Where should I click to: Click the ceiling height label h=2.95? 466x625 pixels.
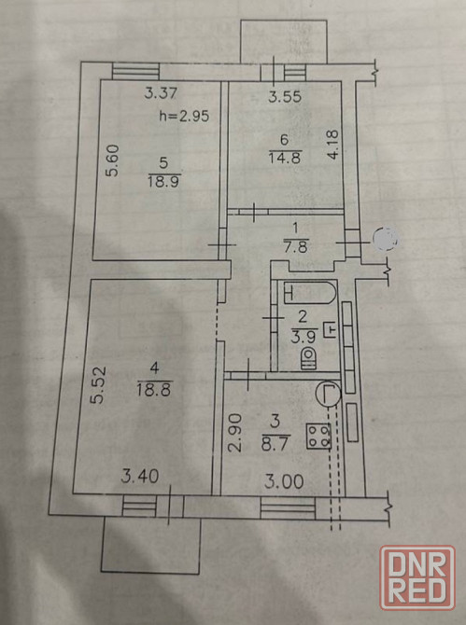tap(184, 116)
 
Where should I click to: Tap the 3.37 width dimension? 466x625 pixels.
tap(161, 93)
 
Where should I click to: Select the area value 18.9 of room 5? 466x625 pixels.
tap(164, 182)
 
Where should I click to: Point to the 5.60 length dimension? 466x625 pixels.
tap(112, 160)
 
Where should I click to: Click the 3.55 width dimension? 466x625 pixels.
tap(285, 96)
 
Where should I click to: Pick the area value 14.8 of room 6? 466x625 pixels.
tap(285, 158)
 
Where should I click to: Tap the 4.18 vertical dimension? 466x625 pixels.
tap(332, 144)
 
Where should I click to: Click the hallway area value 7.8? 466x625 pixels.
tap(295, 247)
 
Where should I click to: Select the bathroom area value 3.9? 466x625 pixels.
tap(304, 337)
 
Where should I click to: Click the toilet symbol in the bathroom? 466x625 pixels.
tap(309, 357)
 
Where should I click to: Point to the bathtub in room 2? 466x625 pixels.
tap(310, 293)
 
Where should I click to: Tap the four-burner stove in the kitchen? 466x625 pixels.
tap(318, 437)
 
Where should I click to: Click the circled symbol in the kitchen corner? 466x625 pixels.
tap(328, 394)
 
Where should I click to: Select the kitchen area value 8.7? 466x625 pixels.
tap(275, 443)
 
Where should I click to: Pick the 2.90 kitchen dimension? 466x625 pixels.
tap(235, 432)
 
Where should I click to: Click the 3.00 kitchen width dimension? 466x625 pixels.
tap(285, 482)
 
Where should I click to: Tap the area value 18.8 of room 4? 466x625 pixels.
tap(154, 388)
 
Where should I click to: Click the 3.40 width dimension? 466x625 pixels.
tap(140, 476)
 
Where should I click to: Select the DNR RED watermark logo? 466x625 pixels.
tap(417, 578)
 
